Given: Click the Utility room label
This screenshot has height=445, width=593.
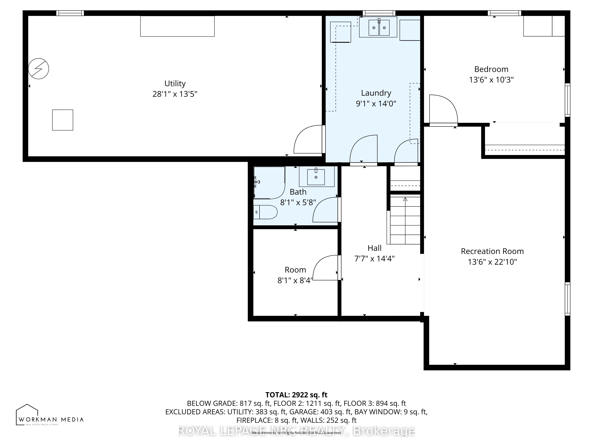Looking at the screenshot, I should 175,83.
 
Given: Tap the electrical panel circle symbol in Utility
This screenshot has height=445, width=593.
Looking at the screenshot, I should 39,69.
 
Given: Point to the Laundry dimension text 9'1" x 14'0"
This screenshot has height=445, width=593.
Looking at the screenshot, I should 376,104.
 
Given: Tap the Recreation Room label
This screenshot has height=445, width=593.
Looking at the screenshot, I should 492,251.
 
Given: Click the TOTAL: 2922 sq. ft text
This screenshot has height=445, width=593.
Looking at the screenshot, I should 296,395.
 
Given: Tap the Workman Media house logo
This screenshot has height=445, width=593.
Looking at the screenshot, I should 27,414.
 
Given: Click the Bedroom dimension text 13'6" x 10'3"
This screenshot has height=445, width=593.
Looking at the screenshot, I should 491,80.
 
